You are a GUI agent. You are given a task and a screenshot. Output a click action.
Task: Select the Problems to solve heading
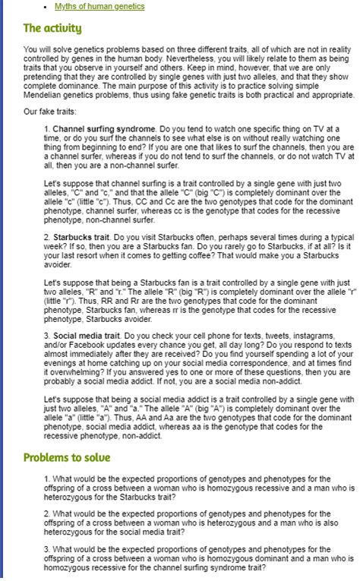coord(67,457)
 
